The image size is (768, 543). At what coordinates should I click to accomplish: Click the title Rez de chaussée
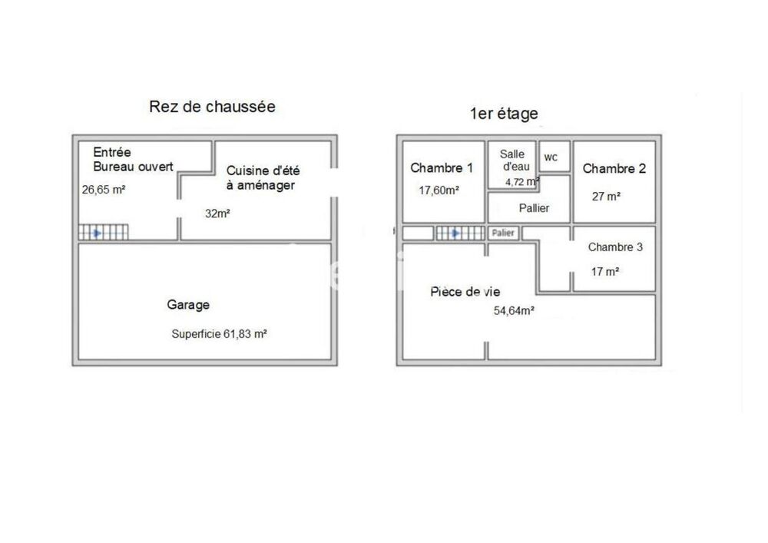point(212,107)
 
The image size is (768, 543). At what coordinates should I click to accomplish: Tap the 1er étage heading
point(504,114)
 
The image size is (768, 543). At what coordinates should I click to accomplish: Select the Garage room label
point(188,305)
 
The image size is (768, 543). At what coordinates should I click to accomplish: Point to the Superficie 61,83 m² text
point(219,334)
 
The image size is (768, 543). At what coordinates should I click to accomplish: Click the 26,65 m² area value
point(104,190)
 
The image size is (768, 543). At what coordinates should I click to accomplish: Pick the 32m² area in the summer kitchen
point(217,214)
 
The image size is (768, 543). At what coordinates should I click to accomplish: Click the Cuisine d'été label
point(263,171)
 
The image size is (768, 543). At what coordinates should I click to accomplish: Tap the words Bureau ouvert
point(133,167)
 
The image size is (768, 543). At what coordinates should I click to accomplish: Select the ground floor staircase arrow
point(97,233)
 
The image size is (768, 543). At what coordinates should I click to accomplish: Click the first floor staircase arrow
point(455,233)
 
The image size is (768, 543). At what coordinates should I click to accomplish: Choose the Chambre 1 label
point(442,168)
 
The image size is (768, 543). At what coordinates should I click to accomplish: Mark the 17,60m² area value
point(439,190)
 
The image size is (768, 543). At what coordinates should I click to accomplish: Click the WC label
point(551,157)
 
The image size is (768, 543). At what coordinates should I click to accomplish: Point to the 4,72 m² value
point(522,182)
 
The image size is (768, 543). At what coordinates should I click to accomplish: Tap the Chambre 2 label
point(614,169)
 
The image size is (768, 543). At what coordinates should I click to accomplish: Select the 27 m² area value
point(607,197)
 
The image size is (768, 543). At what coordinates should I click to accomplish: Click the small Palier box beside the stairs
point(503,233)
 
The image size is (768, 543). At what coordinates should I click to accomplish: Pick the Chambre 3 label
point(615,247)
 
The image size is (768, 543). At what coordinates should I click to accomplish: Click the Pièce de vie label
point(465,293)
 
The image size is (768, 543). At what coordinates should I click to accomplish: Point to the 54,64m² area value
point(514,311)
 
